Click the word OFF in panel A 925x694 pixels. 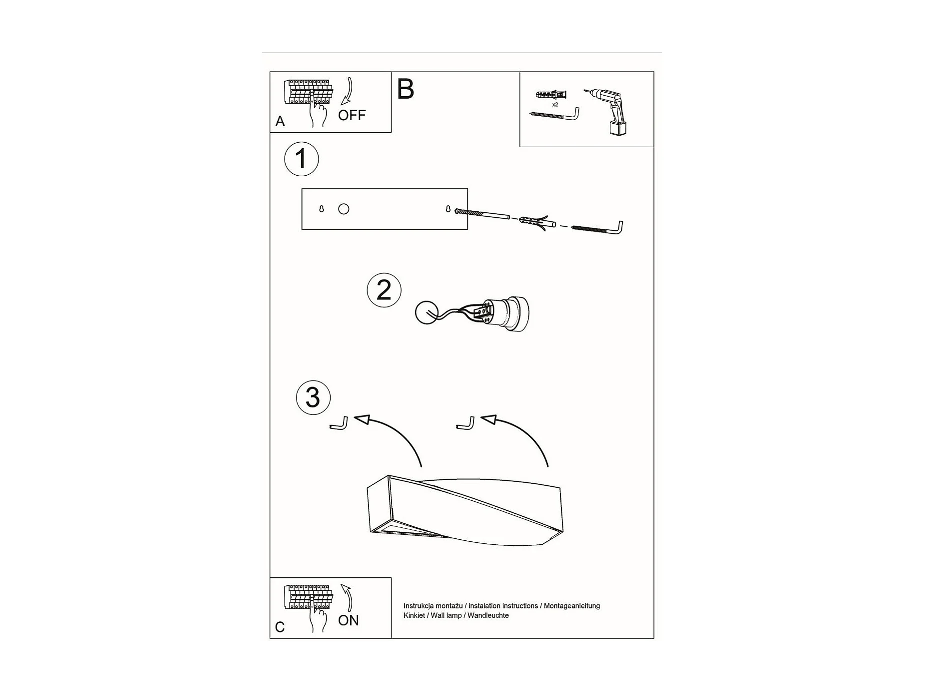coord(352,116)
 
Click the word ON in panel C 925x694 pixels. coord(348,620)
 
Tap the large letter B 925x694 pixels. coord(405,89)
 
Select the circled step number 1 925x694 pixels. coord(301,159)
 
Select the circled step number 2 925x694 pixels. coord(384,290)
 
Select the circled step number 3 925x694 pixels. coord(313,398)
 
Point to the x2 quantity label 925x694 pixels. coord(555,105)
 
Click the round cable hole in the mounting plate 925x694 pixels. coord(344,209)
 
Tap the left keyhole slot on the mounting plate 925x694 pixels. coord(322,209)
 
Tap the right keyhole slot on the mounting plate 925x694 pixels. coord(448,209)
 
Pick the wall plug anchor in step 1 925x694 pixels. coord(536,222)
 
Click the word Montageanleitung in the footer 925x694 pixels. coord(572,606)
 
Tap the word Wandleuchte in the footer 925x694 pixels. coord(488,615)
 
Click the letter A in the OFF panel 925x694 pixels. coord(280,121)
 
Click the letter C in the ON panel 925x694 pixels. coord(280,627)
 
